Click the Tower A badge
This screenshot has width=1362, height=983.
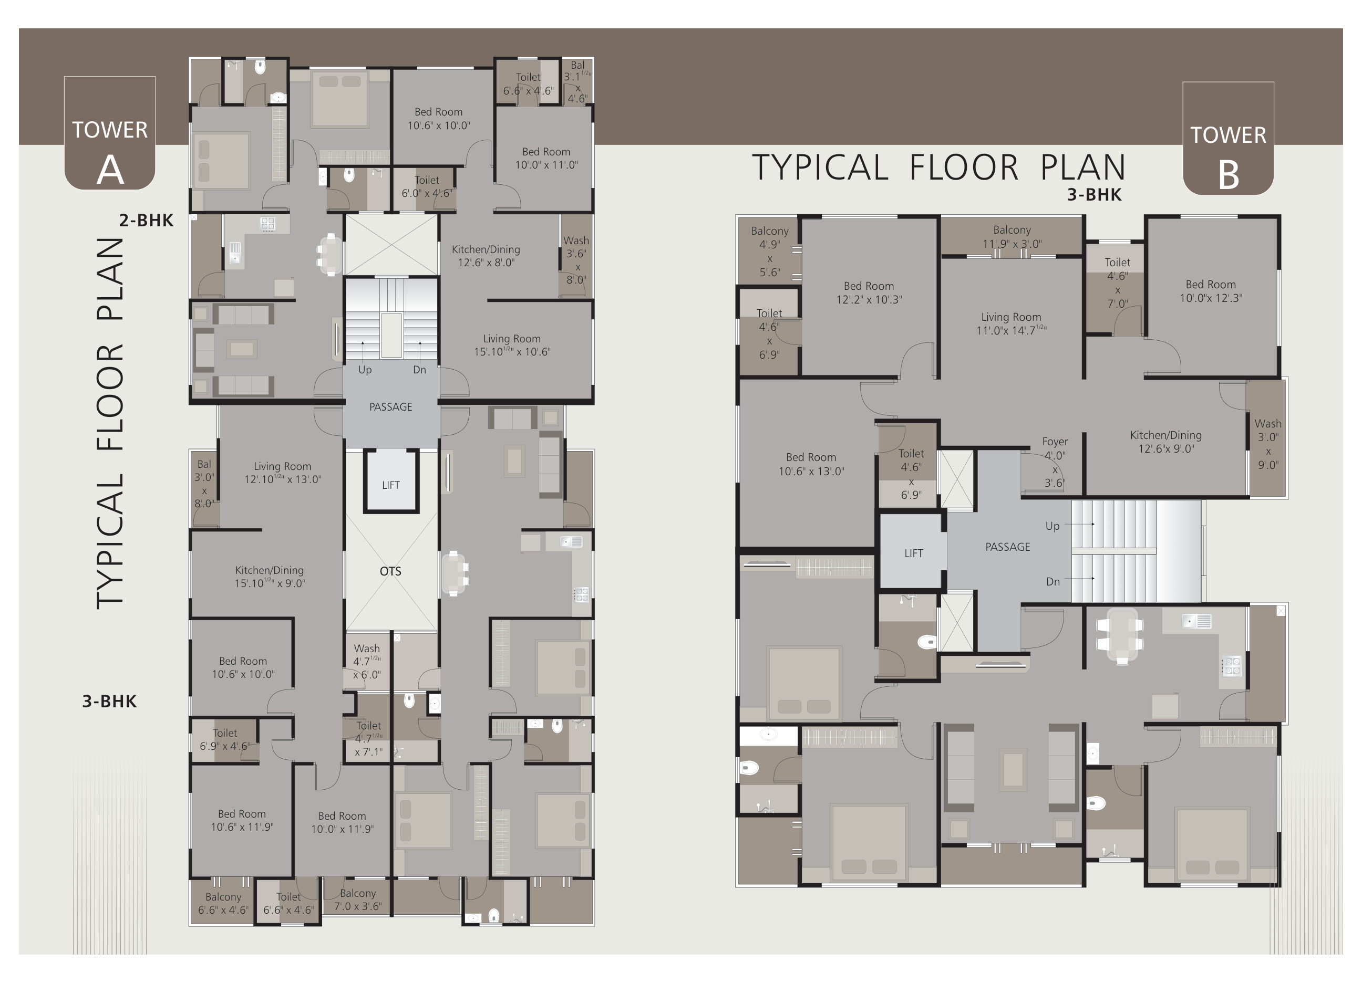[110, 133]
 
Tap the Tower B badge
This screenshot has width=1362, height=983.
[1228, 138]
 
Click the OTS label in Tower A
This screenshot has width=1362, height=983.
[390, 571]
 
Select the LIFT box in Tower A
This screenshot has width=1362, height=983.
[391, 482]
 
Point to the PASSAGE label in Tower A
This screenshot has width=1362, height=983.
[390, 407]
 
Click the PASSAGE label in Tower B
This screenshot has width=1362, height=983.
[1008, 547]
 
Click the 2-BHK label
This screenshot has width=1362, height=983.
[146, 220]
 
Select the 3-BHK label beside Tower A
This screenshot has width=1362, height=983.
[109, 701]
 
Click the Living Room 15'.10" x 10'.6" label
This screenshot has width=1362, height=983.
[512, 345]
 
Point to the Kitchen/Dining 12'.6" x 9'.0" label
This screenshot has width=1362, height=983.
[1165, 442]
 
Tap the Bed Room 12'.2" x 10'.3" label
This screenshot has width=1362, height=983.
[869, 292]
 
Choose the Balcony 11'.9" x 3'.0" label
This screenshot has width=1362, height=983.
[1012, 236]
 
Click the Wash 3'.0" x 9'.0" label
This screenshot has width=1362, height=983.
[1268, 444]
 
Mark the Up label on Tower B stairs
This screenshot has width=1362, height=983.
[1052, 526]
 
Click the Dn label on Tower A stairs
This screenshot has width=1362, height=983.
[419, 370]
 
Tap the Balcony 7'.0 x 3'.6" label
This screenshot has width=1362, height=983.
[358, 900]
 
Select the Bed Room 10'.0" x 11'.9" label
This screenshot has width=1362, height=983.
[342, 822]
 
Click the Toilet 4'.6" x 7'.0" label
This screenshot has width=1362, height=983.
[1117, 283]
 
